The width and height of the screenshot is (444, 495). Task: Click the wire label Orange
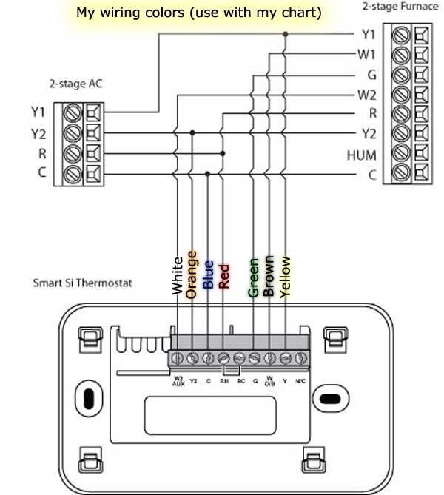click(x=192, y=274)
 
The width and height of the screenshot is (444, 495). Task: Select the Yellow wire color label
click(x=286, y=275)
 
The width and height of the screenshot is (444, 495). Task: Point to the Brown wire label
click(x=269, y=275)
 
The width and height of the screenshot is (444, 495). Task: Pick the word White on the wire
click(x=177, y=276)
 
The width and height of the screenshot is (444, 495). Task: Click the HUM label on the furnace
click(x=362, y=155)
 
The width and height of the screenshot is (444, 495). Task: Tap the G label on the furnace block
click(x=371, y=74)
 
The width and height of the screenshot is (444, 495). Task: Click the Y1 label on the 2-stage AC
click(x=38, y=112)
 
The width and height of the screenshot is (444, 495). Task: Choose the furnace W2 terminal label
click(x=366, y=94)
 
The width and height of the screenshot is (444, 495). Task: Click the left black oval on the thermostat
click(x=88, y=397)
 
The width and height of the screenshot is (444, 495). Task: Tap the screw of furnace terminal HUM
click(x=403, y=155)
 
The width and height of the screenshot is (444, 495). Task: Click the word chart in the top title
click(x=306, y=13)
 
